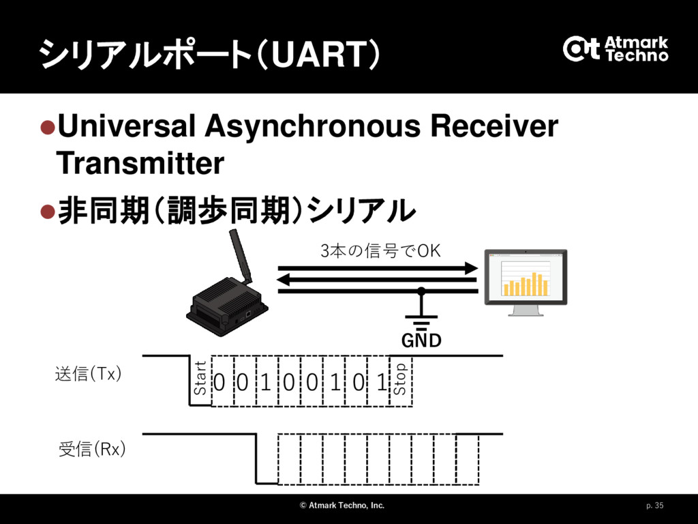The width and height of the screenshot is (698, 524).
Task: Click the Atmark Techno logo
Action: pyautogui.click(x=616, y=48)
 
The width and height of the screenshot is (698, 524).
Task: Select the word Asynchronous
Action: pyautogui.click(x=312, y=127)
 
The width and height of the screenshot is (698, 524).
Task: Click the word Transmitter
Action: pyautogui.click(x=140, y=163)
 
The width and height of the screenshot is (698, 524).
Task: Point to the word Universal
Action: pyautogui.click(x=126, y=126)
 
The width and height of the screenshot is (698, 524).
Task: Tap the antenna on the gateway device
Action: pyautogui.click(x=241, y=257)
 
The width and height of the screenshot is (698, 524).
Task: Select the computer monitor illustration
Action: pyautogui.click(x=526, y=282)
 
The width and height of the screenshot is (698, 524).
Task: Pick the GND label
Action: pyautogui.click(x=421, y=340)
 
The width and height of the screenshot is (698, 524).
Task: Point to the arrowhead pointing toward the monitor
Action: pyautogui.click(x=472, y=268)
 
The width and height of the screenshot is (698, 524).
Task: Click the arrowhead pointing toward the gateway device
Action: pyautogui.click(x=284, y=280)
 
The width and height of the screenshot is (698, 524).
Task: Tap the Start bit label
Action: pyautogui.click(x=200, y=378)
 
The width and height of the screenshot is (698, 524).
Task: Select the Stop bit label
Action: pyautogui.click(x=400, y=379)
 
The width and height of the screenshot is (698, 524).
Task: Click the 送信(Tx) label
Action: pyautogui.click(x=88, y=374)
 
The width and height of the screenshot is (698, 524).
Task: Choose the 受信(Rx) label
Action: pyautogui.click(x=92, y=449)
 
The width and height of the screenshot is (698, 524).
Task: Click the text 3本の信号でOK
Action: pyautogui.click(x=380, y=251)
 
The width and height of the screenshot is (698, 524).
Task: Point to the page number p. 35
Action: pyautogui.click(x=655, y=506)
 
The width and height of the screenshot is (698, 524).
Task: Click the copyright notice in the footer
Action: pyautogui.click(x=342, y=506)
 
